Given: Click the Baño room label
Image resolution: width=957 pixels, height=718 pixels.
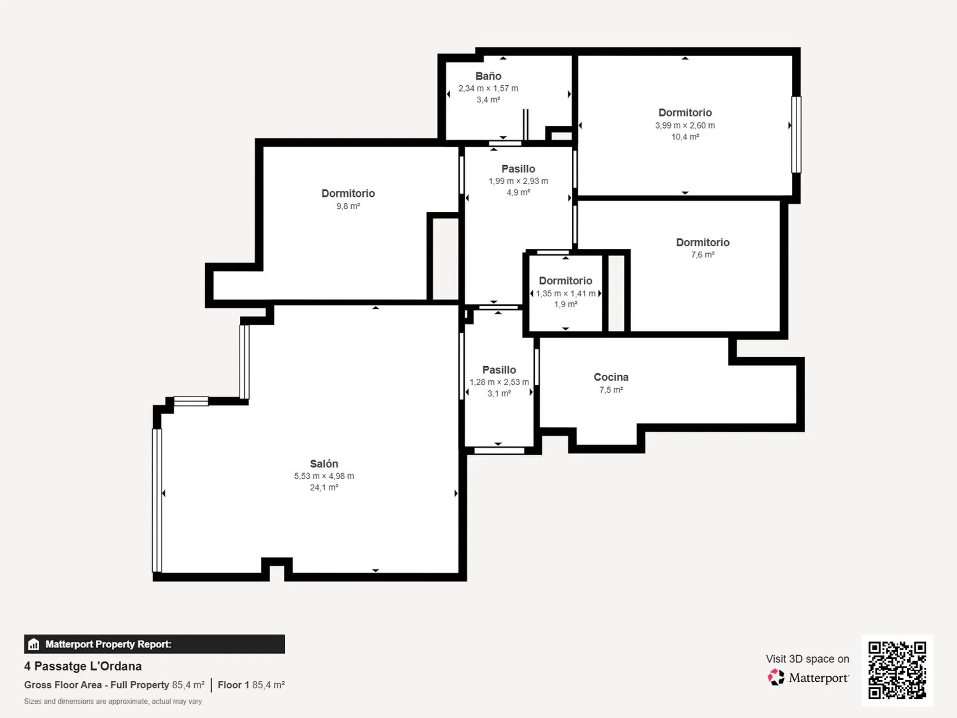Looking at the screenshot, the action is [488, 76].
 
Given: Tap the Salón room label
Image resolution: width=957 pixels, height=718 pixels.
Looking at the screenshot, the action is [324, 463].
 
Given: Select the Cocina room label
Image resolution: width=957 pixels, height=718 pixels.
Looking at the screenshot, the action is [611, 377].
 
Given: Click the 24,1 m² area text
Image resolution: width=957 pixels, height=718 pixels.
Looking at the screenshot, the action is [324, 487].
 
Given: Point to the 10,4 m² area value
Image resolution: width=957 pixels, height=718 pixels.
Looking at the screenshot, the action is [685, 137].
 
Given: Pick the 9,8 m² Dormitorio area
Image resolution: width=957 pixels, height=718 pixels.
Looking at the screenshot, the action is [348, 206].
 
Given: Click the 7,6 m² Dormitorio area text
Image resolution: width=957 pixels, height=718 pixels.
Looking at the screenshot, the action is [702, 255].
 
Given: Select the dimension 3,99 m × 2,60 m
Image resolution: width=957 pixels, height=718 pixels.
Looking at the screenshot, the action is [685, 125].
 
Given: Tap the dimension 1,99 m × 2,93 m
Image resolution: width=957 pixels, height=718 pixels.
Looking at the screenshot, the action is [518, 181].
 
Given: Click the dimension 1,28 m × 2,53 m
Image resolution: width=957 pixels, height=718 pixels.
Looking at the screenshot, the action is [499, 382].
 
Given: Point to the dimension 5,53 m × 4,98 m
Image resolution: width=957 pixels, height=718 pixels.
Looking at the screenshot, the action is [324, 476].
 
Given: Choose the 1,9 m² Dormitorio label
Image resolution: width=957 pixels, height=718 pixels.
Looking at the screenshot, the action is [566, 281].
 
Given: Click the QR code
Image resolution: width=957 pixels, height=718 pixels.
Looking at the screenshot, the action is [897, 670].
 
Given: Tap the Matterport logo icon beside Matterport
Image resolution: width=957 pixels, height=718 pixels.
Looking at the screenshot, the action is [776, 677].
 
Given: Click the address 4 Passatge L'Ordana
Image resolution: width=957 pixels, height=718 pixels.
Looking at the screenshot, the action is [83, 666].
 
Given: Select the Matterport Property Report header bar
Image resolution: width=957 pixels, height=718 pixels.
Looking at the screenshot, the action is [154, 644].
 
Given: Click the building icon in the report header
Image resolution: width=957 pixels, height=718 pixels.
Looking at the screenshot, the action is [33, 644].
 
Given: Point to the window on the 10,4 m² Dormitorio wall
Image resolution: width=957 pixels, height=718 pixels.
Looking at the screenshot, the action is [796, 135].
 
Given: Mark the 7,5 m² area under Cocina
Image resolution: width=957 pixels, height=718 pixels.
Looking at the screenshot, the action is [611, 390].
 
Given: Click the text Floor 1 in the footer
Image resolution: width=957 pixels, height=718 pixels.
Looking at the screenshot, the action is [234, 685].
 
